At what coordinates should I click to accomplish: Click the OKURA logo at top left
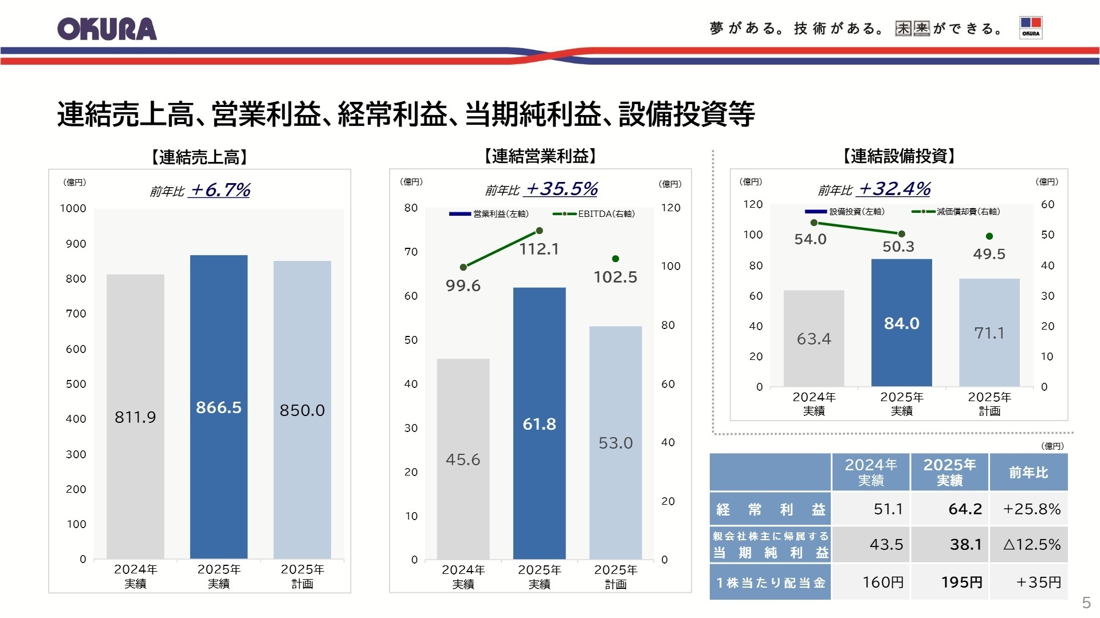coord(107,29)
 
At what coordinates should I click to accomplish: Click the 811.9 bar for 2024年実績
coord(135,416)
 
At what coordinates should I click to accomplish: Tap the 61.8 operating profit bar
coord(539,423)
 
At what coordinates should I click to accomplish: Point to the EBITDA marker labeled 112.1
coord(539,231)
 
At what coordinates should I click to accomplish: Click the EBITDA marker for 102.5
coord(615,259)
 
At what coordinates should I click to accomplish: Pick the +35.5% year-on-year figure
coord(561,189)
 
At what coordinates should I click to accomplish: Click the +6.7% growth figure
coord(220,190)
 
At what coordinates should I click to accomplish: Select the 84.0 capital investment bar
coord(901,323)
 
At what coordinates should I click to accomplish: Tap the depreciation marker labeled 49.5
coord(989,236)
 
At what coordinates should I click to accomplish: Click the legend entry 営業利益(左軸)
coord(489,214)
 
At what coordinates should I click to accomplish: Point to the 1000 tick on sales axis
coord(73,208)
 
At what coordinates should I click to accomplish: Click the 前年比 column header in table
coord(1028,472)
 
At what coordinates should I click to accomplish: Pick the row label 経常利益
coord(770,509)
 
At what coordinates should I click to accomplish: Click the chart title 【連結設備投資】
coord(898,156)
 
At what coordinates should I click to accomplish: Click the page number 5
coord(1086,602)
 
